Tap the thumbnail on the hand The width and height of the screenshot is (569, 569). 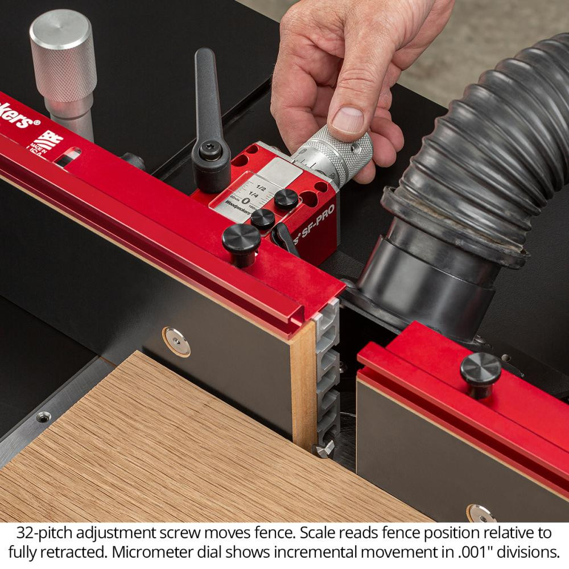[x=348, y=120]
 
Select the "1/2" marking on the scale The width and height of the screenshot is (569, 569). [x=262, y=187]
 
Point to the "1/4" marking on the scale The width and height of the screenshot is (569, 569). [x=253, y=196]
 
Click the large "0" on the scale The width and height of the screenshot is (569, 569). [x=245, y=200]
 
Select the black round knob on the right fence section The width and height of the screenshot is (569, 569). [x=481, y=368]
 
